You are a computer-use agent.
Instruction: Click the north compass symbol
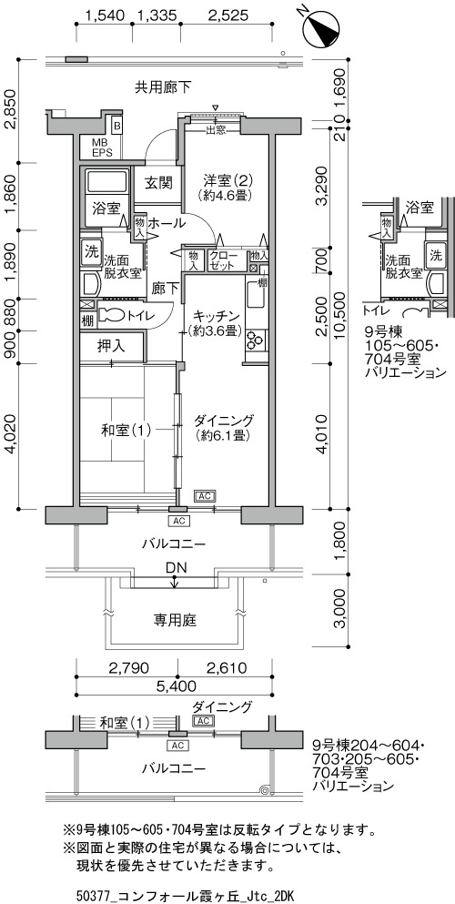(x=320, y=27)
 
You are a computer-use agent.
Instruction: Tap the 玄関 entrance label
(x=157, y=184)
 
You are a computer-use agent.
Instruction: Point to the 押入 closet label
(x=111, y=347)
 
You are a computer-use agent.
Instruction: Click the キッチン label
(x=216, y=316)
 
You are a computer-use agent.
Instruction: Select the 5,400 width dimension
(x=175, y=686)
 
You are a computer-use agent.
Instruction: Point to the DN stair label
(x=176, y=568)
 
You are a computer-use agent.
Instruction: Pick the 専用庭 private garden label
(x=175, y=620)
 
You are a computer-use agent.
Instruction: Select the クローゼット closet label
(x=222, y=261)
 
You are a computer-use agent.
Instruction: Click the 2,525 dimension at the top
(x=228, y=15)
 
